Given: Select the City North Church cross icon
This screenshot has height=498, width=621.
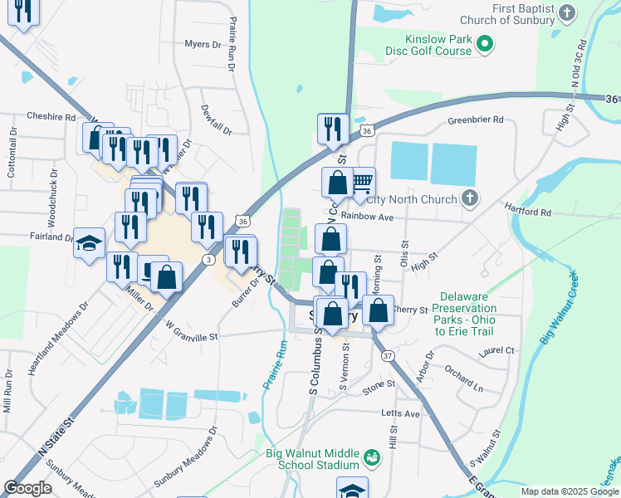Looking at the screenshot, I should click(x=470, y=198).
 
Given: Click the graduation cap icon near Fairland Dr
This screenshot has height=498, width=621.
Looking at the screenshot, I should click(x=87, y=243).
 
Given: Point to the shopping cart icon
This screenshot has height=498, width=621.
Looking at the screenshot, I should click(x=362, y=182).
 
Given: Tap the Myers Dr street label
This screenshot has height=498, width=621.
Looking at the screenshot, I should click(x=203, y=43).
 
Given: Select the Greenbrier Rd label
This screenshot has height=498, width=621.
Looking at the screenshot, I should click(x=476, y=120).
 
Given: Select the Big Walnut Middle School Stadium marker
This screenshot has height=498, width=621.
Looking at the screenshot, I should click(x=371, y=456).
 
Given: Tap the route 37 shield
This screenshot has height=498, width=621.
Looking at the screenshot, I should click(x=388, y=355).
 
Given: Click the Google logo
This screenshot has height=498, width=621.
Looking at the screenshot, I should click(x=28, y=488).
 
